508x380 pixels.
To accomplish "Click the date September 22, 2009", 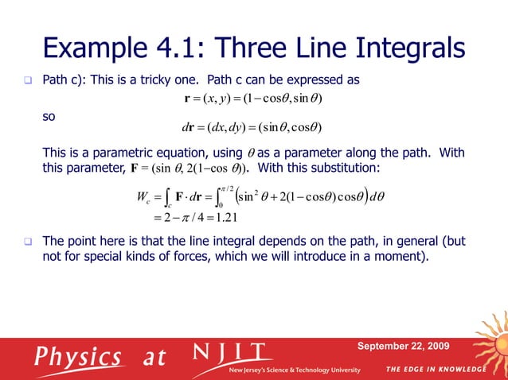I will tap(403, 346).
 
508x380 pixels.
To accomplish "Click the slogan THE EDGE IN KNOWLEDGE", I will tap(437, 370).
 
